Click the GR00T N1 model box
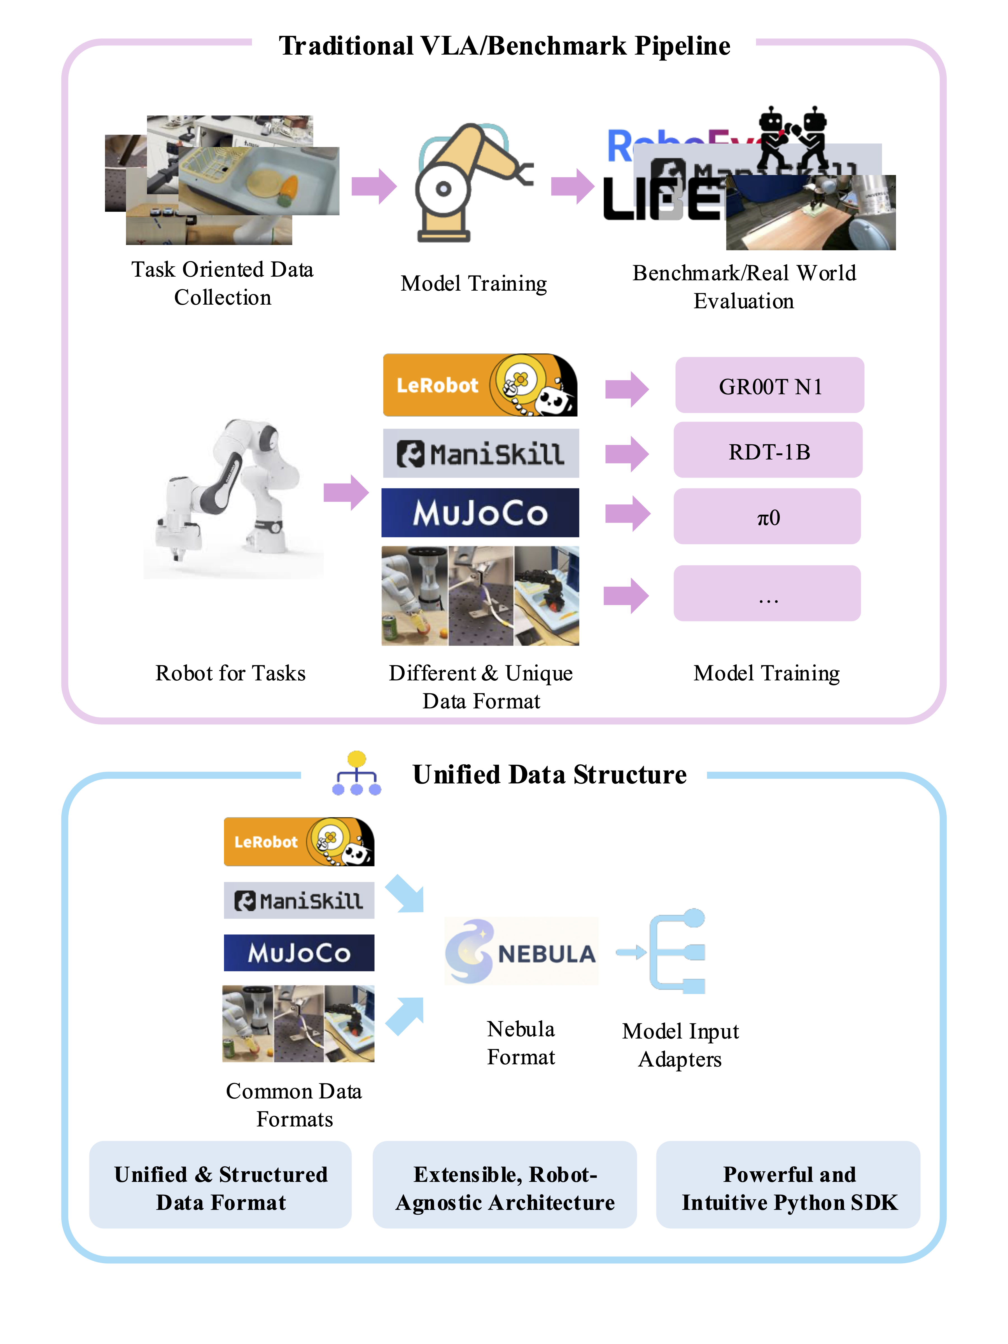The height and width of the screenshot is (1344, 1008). point(769,385)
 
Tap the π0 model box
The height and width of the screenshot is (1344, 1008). point(767,516)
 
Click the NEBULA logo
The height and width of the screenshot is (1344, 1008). point(521,951)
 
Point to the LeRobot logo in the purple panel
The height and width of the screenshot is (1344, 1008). point(480,385)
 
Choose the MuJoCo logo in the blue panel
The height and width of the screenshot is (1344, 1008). point(299,953)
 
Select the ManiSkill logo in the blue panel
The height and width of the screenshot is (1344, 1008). point(299,900)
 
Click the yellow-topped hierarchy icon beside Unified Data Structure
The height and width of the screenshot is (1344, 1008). point(357,773)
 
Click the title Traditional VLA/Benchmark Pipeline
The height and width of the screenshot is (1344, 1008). point(504,46)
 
